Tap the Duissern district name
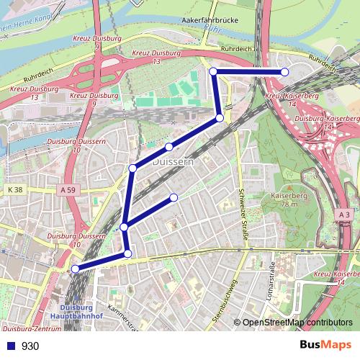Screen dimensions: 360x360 (174, 163)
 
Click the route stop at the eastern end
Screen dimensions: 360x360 (284, 71)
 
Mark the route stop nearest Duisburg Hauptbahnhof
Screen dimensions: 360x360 (75, 269)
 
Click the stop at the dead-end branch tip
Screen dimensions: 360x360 (174, 197)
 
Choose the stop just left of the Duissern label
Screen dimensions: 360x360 (133, 168)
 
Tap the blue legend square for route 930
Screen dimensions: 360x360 (9, 346)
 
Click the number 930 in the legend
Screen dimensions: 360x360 (30, 346)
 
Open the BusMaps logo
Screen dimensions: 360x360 (324, 346)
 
